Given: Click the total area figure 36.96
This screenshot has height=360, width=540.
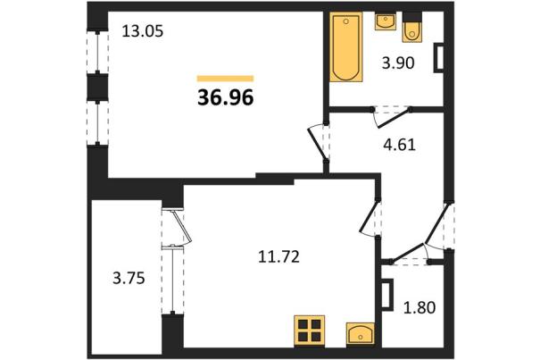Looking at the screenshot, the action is click(226, 97).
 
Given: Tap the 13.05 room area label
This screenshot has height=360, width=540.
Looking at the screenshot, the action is click(143, 32).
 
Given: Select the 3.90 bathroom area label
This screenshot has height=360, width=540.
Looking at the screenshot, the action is click(398, 63).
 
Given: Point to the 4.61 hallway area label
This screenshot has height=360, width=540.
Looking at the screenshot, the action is click(400, 145).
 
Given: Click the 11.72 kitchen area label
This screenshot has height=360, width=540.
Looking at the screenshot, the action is click(278, 257).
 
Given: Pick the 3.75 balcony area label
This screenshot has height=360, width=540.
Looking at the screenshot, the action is click(129, 278).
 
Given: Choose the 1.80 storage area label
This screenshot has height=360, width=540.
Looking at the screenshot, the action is click(420, 307).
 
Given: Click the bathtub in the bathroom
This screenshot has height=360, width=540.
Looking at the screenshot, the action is click(346, 46).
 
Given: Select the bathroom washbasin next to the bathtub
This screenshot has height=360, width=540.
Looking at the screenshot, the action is click(385, 21).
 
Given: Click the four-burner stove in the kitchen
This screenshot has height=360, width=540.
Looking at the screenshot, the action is click(309, 331).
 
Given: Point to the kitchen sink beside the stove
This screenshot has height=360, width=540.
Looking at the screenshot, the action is click(361, 333).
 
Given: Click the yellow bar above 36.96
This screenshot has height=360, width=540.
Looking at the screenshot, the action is click(225, 79).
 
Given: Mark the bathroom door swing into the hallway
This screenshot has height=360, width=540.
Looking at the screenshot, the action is click(391, 117).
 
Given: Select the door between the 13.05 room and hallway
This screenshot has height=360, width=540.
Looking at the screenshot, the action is click(319, 142).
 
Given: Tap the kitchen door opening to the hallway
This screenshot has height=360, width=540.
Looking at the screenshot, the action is click(370, 218).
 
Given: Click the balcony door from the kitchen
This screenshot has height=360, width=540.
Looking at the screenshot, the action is click(178, 227).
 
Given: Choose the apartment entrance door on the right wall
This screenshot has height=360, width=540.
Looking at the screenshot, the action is click(438, 225).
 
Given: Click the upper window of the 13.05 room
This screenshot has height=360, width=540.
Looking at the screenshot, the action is click(97, 52).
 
